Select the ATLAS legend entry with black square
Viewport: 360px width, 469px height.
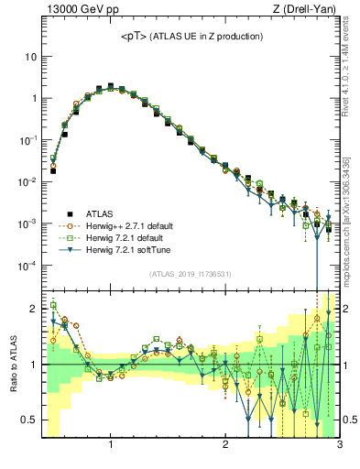(x=97, y=213)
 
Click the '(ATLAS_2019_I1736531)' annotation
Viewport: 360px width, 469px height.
(x=190, y=274)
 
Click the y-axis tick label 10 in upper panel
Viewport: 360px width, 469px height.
(x=31, y=57)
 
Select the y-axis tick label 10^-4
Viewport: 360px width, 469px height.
(x=27, y=266)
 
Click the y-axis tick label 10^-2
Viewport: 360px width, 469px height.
(x=27, y=181)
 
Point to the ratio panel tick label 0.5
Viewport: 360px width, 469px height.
(x=29, y=420)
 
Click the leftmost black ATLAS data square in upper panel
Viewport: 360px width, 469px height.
(x=53, y=170)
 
